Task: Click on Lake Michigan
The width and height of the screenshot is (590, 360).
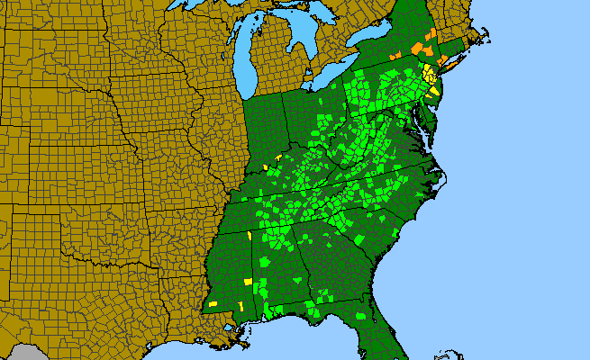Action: pos(242,63)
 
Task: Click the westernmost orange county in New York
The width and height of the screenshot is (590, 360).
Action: pos(395,56)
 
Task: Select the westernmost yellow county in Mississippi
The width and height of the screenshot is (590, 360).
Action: pos(213,304)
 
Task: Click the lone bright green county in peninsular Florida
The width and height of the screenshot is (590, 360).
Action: pos(362,316)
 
